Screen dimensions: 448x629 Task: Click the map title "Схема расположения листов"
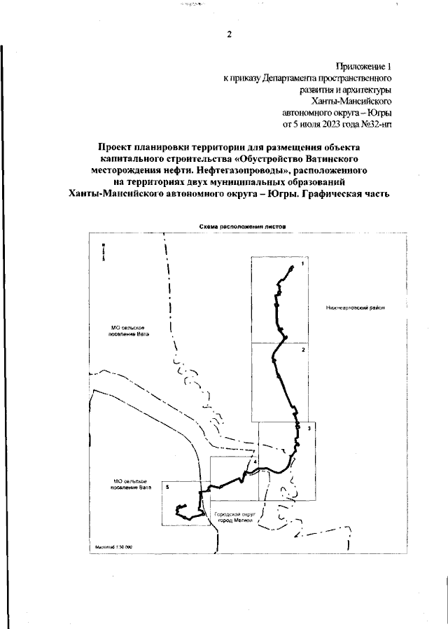(238, 226)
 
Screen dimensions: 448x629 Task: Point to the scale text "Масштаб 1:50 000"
(113, 546)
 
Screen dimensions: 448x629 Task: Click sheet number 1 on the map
(302, 264)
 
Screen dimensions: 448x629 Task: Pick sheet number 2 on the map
(302, 348)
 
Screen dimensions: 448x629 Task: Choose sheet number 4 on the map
(255, 462)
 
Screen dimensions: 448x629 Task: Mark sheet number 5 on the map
(167, 485)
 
